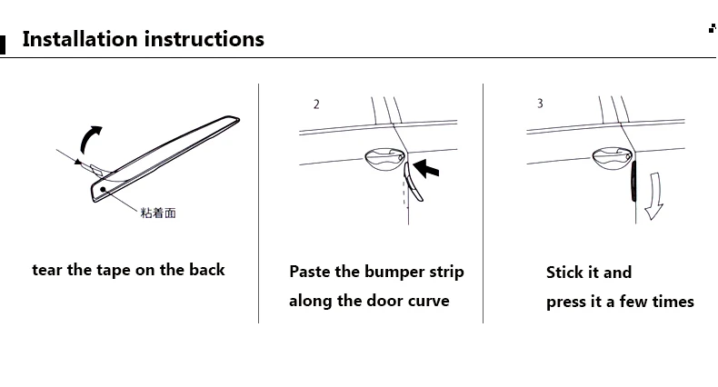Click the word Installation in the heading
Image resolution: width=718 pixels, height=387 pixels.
pos(80,39)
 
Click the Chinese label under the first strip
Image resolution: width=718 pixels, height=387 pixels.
pos(158,213)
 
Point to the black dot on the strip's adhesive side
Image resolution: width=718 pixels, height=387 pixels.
pos(103,189)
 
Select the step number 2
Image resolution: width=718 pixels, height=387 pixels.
pos(316,104)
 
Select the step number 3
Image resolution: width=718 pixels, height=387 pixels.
pos(541,104)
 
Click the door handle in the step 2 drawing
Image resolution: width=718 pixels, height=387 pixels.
pos(384,159)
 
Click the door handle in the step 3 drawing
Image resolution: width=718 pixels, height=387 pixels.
pos(613,158)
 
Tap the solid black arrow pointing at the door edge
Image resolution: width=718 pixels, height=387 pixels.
pos(426,168)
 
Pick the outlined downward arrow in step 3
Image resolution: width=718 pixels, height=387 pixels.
pos(654,196)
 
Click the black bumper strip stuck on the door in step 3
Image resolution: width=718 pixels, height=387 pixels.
pos(633,181)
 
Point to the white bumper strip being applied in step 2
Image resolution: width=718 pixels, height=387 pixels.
pos(412,182)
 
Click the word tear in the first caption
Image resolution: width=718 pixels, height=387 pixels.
pos(47,270)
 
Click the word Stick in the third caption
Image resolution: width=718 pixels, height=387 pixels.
pos(563,273)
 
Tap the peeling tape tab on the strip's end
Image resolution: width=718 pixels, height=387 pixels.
pos(100,170)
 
